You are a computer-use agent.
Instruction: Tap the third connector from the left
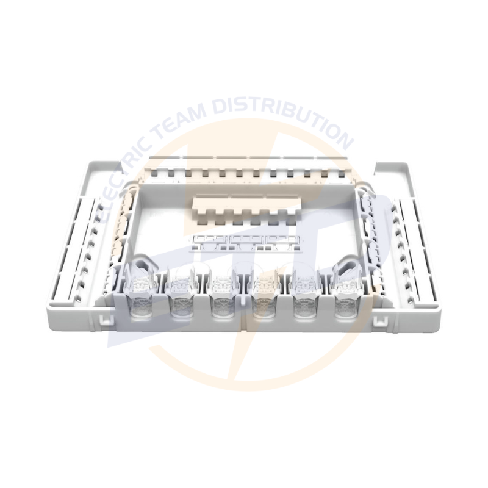(223, 293)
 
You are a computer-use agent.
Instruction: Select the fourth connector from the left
(265, 293)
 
